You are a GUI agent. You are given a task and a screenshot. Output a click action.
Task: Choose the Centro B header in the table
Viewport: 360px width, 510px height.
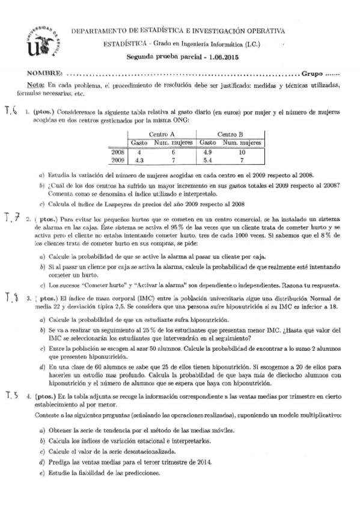tap(230, 134)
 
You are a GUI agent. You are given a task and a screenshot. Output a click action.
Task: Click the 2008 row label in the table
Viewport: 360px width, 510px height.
tap(118, 152)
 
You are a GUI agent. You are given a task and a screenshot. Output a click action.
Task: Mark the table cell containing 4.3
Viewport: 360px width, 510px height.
tap(139, 161)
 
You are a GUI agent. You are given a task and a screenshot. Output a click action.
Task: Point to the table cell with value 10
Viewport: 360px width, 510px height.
tap(241, 152)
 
